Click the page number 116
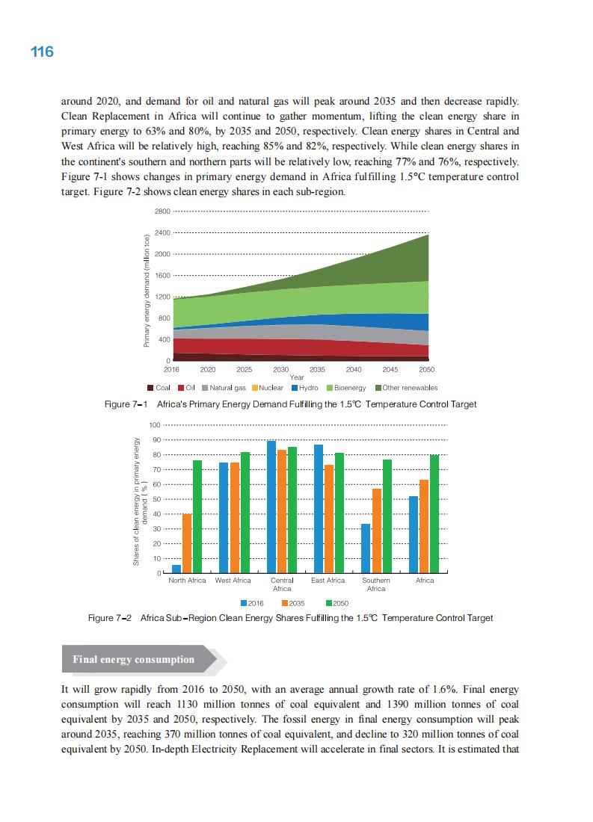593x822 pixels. coord(42,52)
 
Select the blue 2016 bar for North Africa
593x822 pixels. coord(176,569)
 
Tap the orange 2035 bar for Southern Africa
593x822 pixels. coord(377,531)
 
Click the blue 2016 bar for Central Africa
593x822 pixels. coord(271,507)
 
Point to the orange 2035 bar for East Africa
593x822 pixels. coord(329,519)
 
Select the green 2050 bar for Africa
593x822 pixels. coord(434,513)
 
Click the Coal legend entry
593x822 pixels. coord(159,388)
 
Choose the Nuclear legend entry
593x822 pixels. coord(266,388)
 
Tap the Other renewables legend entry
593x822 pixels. coord(406,388)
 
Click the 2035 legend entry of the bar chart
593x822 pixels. coord(292,603)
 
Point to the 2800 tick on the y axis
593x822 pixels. coord(162,211)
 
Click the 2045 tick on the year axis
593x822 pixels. coord(390,369)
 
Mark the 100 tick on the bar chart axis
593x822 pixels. coord(155,425)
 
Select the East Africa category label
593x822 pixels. coord(328,581)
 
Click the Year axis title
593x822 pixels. coord(296,377)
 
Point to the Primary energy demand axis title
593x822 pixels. coord(147,291)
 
